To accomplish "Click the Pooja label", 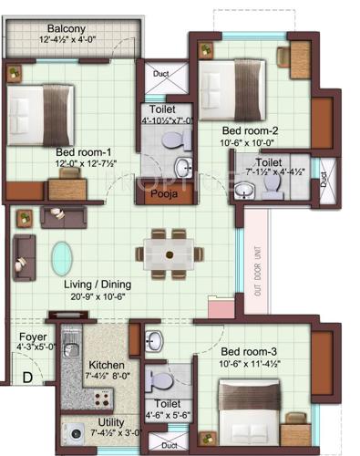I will coord(163,195).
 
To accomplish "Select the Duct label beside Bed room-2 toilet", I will coord(326,181).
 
